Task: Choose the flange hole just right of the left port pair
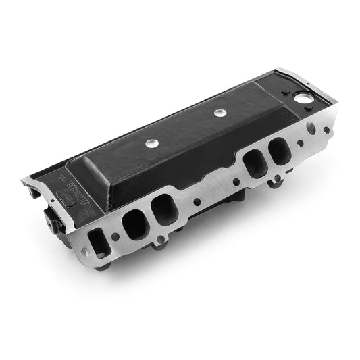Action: click(196, 201)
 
